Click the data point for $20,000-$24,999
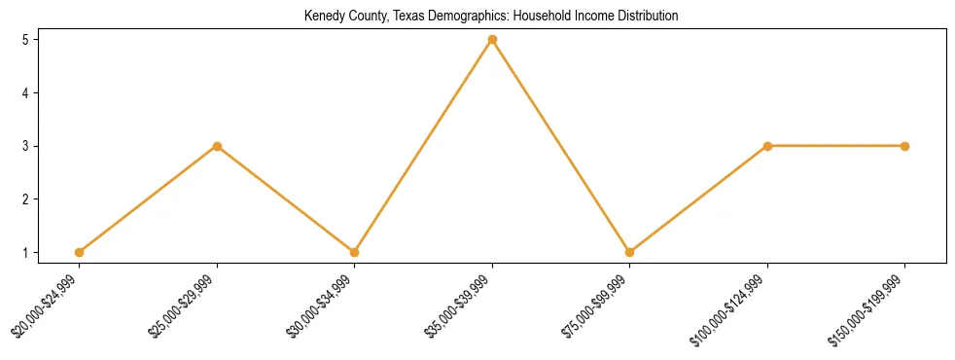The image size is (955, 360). (79, 252)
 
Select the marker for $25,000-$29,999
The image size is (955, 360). (217, 146)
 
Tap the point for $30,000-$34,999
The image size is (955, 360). (354, 252)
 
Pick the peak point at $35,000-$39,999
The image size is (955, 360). (492, 40)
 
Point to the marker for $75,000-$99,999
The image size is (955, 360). (629, 252)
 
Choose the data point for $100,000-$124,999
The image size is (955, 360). (767, 146)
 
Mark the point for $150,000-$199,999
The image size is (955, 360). (904, 146)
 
